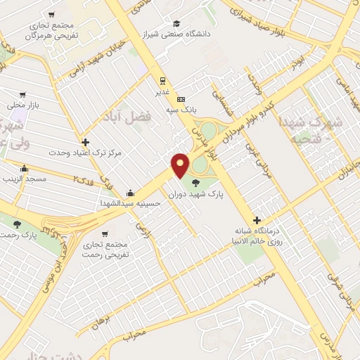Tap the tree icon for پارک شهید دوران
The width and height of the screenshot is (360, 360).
[195, 181]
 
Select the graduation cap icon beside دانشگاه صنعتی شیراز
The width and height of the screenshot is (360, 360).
[176, 22]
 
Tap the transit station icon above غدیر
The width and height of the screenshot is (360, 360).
[162, 79]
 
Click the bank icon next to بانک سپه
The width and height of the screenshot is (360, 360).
[181, 99]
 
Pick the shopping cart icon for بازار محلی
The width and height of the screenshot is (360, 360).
[23, 94]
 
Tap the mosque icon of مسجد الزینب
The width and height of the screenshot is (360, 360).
[25, 169]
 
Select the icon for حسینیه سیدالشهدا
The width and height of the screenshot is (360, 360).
[130, 193]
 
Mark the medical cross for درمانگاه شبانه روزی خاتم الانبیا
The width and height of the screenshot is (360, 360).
[257, 220]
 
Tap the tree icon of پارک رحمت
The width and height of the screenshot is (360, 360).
[18, 224]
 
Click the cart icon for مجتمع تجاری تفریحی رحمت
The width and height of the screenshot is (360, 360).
[104, 233]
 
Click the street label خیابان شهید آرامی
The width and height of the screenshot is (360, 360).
[88, 58]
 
